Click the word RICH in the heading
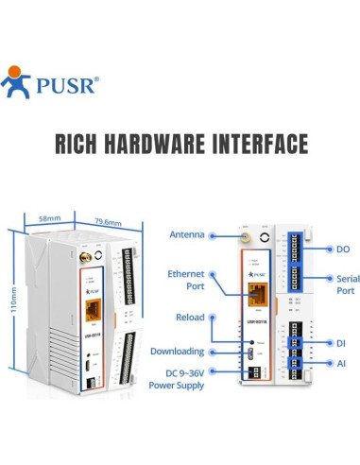(79, 144)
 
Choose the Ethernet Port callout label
(186, 280)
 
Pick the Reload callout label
(190, 318)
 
